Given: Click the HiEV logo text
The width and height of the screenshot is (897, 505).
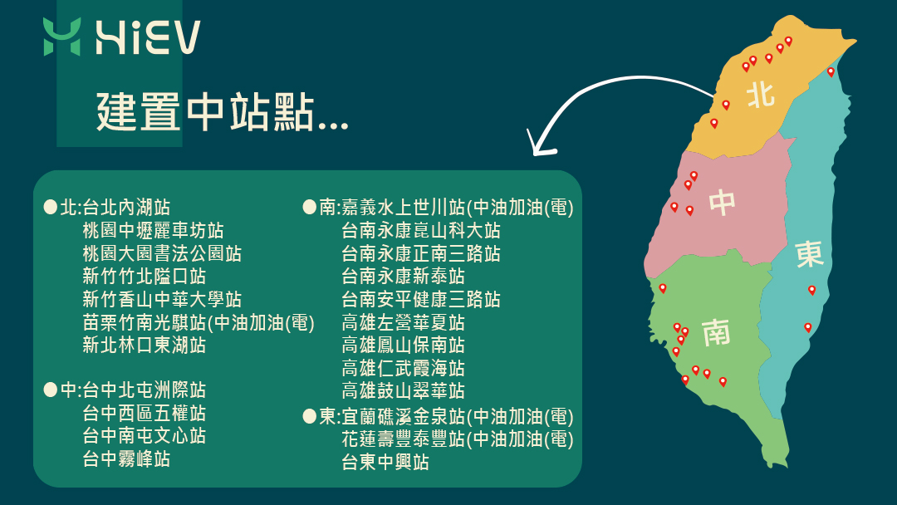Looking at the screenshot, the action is coord(148,37).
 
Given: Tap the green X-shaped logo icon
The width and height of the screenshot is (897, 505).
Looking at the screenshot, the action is coord(61,37).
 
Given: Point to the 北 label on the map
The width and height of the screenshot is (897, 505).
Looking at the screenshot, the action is coord(761,95).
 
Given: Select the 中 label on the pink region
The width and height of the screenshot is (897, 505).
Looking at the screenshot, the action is coord(722,203).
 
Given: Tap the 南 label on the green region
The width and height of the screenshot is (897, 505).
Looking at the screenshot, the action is coord(716,332).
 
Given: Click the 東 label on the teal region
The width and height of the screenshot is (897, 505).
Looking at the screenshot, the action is coord(810,254).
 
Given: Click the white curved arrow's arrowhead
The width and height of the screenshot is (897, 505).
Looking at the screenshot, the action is coord(541,145).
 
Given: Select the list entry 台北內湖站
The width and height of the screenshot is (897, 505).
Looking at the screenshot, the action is coord(126,207).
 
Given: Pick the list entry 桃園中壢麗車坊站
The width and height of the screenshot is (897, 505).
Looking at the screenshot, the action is coord(154,230).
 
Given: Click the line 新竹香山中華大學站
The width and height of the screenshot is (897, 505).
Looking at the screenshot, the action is coord(162,299).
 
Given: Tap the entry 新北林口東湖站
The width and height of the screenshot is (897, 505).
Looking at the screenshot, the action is coord(145,345).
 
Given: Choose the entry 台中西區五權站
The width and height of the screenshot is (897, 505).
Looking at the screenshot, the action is coord(145,413).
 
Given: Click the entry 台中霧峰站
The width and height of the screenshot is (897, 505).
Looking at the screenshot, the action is coord(126,458).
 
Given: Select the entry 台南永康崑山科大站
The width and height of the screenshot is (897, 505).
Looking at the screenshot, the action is coord(421,230).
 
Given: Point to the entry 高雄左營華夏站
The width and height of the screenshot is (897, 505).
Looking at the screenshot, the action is coord(404,322).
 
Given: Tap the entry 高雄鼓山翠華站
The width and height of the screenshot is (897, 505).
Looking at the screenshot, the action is coord(404,390).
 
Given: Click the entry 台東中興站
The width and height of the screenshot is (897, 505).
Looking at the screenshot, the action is coord(385,462).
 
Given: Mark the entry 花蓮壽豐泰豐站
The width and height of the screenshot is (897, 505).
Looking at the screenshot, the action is coord(404,439).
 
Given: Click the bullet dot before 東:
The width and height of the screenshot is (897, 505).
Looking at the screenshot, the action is coord(310,416).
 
